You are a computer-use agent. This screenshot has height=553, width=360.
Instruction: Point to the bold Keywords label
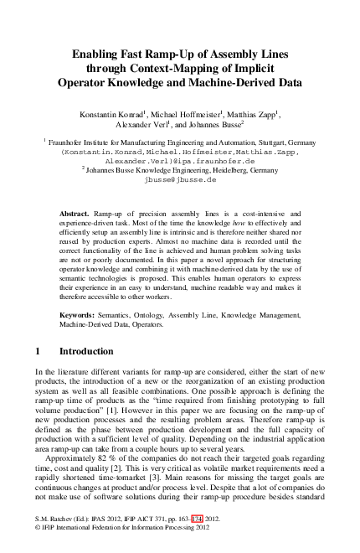point(80,315)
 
